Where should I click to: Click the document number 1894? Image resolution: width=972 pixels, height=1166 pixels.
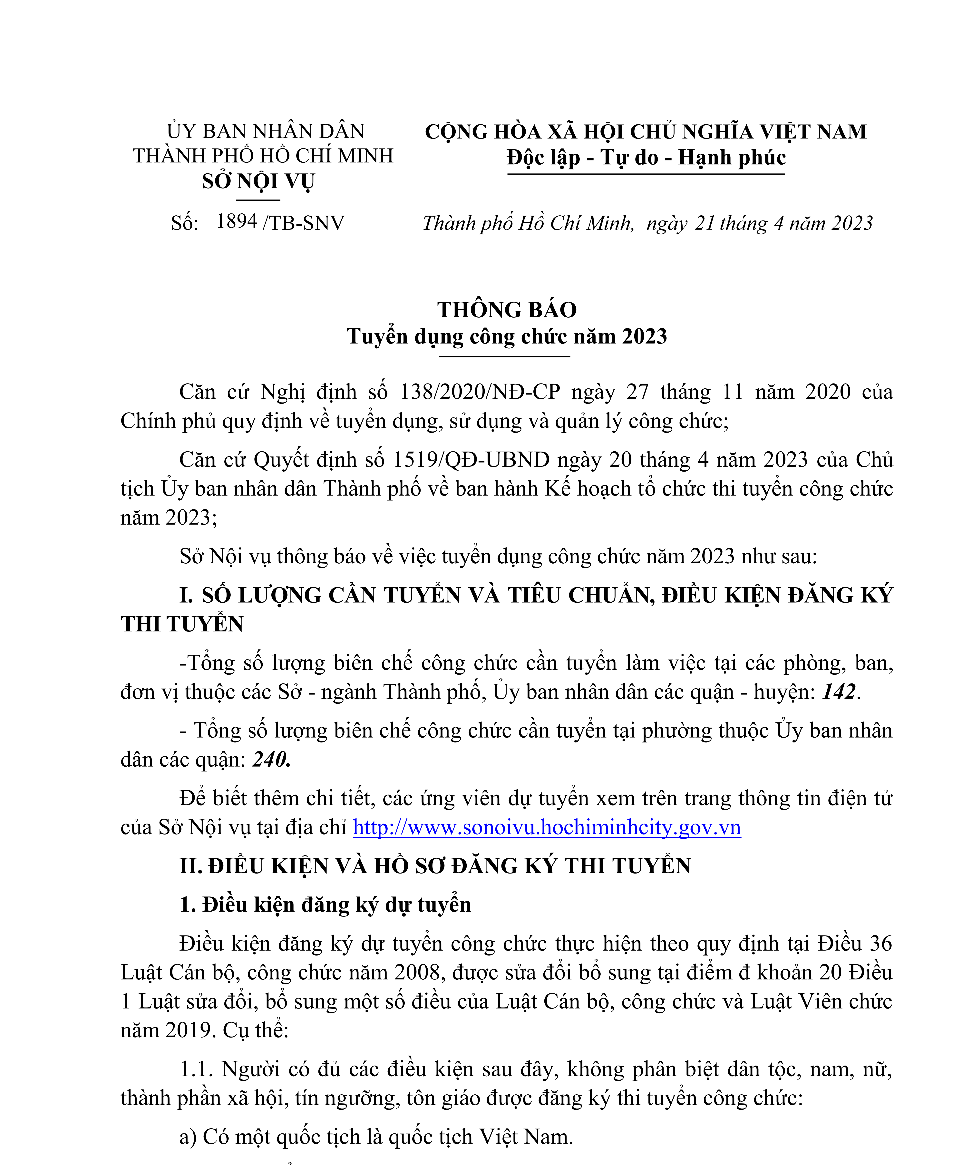coord(237,221)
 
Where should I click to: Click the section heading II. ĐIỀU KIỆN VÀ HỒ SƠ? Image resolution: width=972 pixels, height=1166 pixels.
coord(435,866)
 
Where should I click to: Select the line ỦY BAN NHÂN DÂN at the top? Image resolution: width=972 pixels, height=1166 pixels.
coord(266,132)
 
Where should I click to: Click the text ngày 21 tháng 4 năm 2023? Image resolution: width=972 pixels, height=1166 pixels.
coord(760,223)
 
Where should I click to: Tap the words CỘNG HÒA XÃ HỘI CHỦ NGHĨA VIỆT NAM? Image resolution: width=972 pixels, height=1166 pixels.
coord(645,132)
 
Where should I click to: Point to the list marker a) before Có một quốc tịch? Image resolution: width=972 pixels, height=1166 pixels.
coord(188,1137)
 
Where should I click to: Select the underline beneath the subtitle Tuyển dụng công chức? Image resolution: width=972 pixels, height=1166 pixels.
coord(504,356)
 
